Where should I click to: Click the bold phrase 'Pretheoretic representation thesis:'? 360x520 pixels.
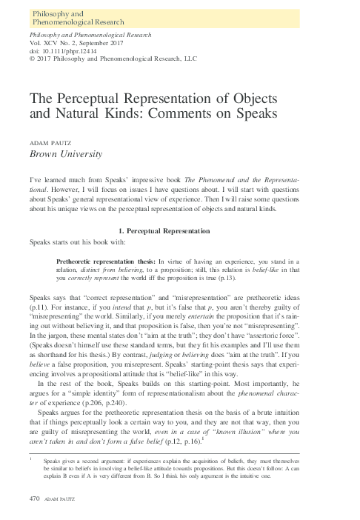click(x=98, y=262)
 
